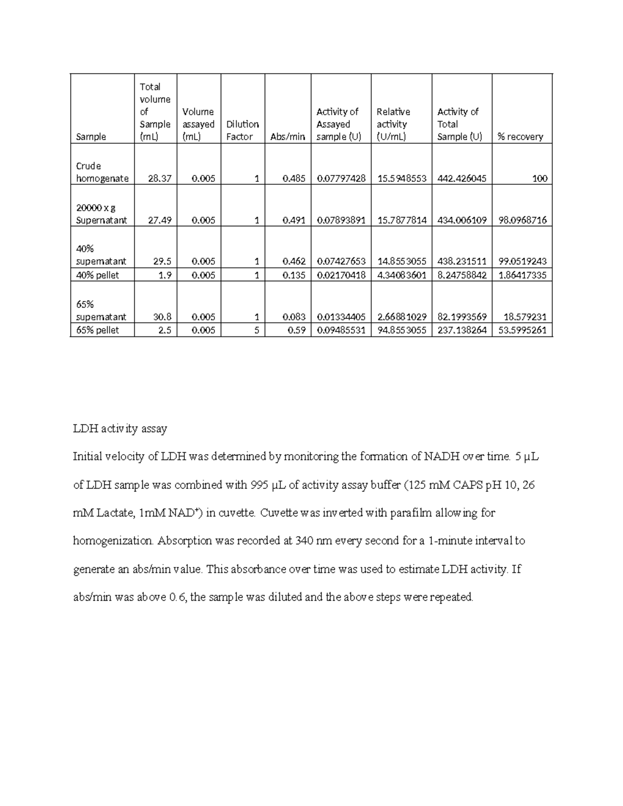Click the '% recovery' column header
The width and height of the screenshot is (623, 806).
[520, 136]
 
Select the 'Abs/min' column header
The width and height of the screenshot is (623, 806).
[288, 136]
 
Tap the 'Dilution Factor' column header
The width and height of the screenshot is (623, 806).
[242, 130]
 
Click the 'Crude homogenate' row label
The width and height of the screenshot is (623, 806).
[102, 172]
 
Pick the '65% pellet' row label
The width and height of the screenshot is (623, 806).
[98, 330]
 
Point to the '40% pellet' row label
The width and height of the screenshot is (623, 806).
[98, 275]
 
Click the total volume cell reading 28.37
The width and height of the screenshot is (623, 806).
[159, 178]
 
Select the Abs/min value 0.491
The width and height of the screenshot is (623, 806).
[294, 220]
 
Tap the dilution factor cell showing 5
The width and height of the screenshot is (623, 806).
[256, 330]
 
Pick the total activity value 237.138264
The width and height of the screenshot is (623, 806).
[462, 330]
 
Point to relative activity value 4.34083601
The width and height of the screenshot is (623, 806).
[401, 275]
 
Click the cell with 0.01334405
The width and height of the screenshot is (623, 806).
[341, 317]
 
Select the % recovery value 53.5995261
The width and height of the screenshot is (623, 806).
[522, 330]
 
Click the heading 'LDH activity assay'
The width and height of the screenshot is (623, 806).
[120, 429]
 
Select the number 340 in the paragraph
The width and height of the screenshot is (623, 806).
[304, 541]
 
